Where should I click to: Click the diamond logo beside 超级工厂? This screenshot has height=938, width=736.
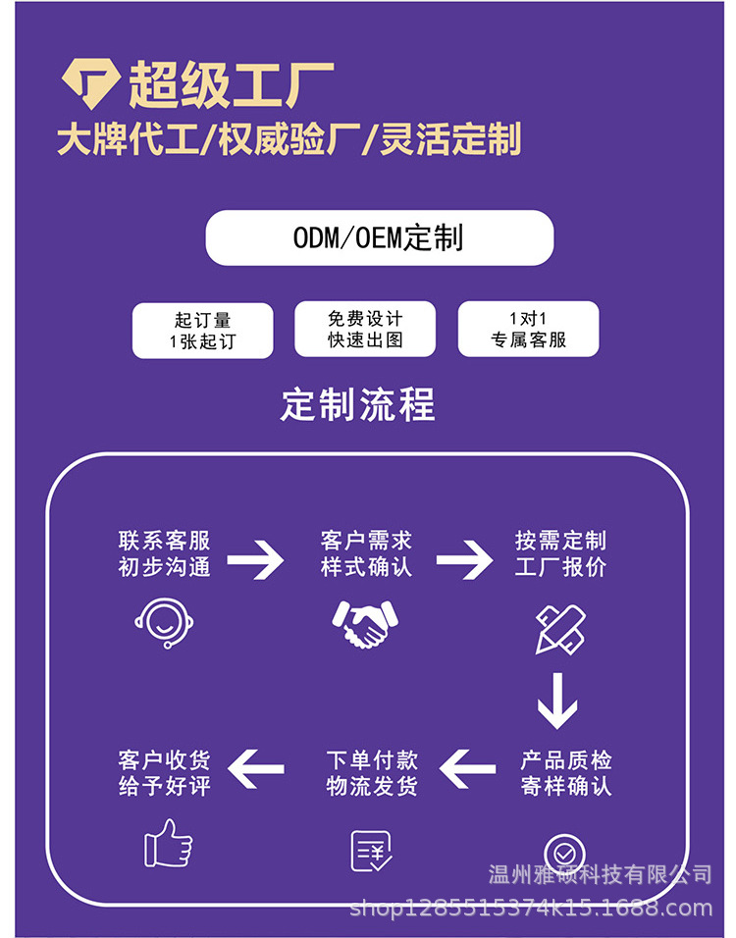point(91,82)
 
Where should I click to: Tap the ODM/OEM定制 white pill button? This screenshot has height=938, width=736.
point(379,237)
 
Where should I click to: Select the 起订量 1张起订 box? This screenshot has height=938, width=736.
point(202,331)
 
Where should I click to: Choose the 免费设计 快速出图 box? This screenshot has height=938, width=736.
point(365,330)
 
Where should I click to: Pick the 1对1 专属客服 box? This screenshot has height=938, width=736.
point(528,330)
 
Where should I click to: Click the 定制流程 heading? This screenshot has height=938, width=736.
point(357,404)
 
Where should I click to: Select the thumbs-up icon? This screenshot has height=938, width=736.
point(168,843)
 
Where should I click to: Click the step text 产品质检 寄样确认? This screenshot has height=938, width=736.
point(566,773)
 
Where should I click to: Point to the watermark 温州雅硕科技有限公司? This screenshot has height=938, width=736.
point(600,873)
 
